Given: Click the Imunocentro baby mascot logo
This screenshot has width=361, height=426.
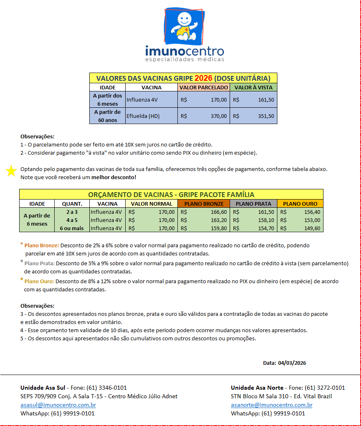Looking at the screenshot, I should (x=184, y=25).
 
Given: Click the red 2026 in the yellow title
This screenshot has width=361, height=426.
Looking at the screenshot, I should (x=204, y=78).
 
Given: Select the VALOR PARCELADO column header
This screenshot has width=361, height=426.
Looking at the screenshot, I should (x=204, y=87).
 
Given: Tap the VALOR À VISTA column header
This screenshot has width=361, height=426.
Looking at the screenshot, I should (x=253, y=87).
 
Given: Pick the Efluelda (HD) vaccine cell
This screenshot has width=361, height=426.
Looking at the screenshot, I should (x=143, y=116).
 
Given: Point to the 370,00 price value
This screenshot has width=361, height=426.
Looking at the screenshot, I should (x=219, y=116).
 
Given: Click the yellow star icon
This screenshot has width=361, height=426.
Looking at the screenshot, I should (x=11, y=171).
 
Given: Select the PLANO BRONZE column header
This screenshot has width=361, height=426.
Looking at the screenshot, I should (x=204, y=204).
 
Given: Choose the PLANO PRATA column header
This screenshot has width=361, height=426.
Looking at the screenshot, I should (x=253, y=204).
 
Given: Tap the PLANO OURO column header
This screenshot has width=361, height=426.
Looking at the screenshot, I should (x=300, y=204).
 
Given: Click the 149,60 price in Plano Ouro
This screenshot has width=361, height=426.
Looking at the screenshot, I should (x=312, y=229).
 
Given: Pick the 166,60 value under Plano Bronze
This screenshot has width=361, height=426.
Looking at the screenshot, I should (x=218, y=212).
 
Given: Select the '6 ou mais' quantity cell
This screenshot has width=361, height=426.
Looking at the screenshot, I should (x=72, y=229).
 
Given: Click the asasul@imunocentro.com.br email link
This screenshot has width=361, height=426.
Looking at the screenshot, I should (x=58, y=405).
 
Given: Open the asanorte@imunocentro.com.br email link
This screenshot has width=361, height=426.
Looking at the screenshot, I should (x=271, y=405).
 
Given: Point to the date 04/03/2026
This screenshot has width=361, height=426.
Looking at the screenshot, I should (x=292, y=363).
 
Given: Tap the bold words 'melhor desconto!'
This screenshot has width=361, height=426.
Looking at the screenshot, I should (x=114, y=177).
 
